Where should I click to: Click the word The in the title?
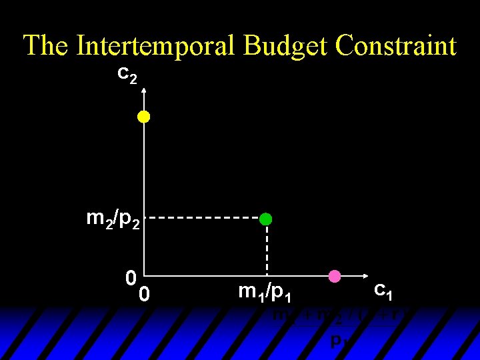tap(46, 46)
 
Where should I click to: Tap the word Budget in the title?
tap(288, 46)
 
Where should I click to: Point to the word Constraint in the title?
tap(397, 46)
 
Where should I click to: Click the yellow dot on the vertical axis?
tap(143, 117)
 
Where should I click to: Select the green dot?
tap(266, 219)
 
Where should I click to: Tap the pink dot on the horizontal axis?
tap(335, 276)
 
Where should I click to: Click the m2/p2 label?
tap(114, 219)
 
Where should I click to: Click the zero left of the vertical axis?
tap(131, 277)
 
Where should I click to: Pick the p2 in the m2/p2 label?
tap(128, 221)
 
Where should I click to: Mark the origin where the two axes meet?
tap(143, 276)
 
